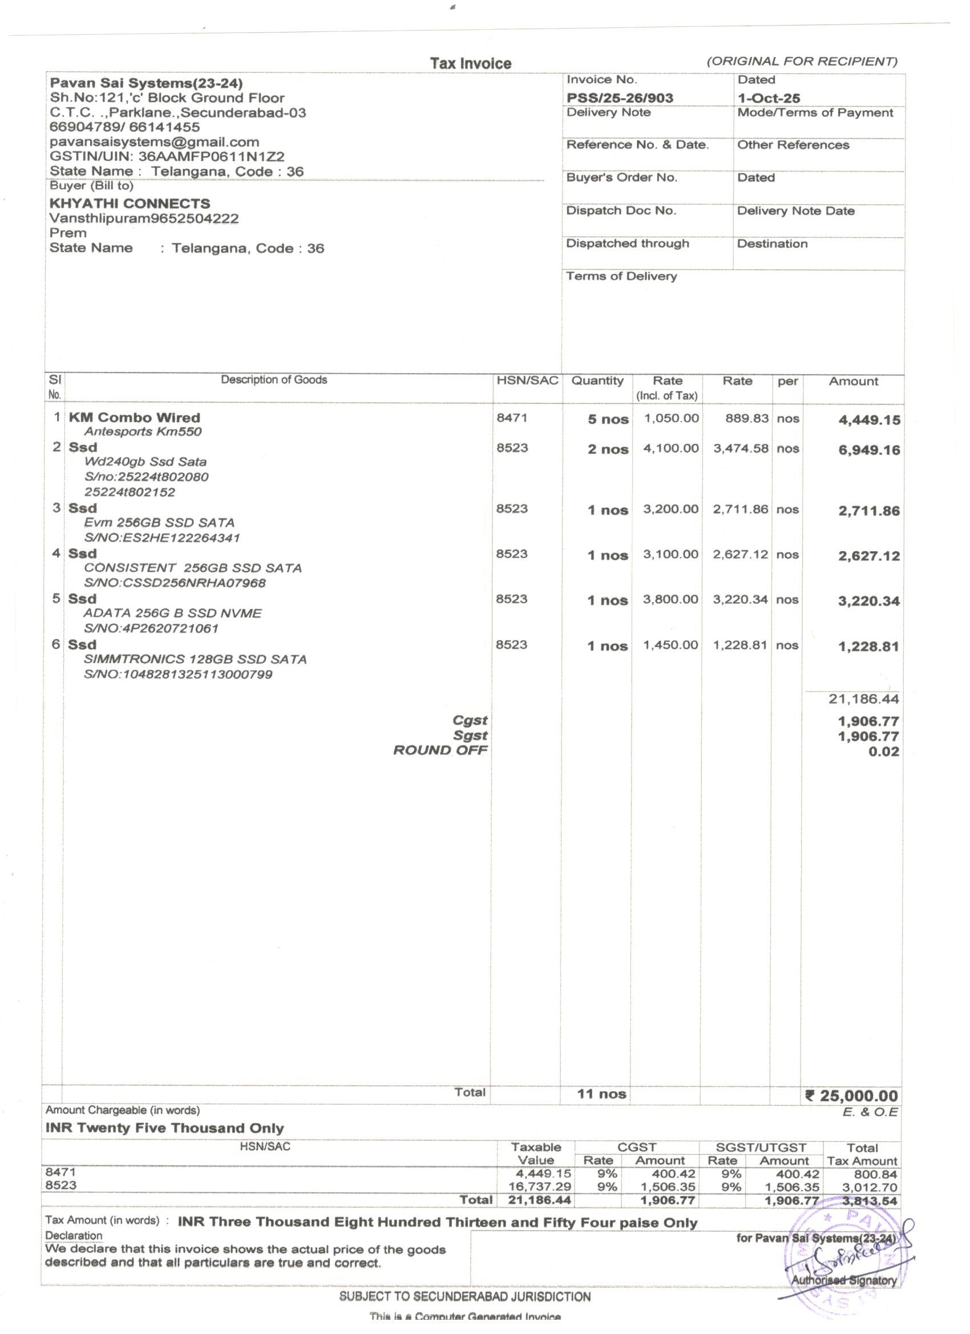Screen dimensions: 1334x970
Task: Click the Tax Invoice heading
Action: coord(471,63)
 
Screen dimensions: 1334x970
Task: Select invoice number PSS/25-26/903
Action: coord(620,98)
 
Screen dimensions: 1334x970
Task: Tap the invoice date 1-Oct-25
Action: coord(769,98)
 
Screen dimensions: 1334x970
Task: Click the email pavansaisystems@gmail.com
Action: coord(154,142)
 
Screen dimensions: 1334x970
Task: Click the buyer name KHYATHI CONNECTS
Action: coord(130,204)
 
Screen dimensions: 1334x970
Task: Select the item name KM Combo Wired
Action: coord(134,418)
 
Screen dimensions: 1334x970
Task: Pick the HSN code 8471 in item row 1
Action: coord(512,418)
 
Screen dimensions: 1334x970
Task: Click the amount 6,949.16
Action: coord(869,451)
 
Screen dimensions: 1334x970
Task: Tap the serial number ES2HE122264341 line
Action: coord(162,537)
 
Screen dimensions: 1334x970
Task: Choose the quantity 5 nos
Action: coord(608,419)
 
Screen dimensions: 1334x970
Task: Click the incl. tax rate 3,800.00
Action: coord(670,599)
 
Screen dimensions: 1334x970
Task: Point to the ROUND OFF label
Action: coord(440,750)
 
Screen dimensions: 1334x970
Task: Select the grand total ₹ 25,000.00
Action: coord(851,1096)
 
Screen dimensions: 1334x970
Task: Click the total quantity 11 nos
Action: coord(601,1094)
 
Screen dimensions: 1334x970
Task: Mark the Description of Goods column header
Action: coord(273,380)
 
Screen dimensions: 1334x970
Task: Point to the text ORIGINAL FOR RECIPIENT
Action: coord(802,61)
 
